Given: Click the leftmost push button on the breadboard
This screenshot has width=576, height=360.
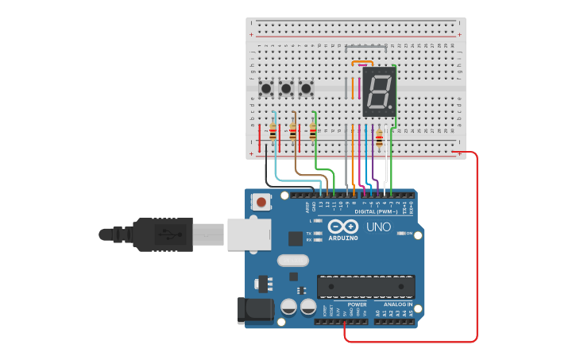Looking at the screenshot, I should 266,88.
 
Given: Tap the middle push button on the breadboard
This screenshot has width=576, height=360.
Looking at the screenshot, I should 286,88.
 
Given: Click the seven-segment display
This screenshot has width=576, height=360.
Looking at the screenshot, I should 379,89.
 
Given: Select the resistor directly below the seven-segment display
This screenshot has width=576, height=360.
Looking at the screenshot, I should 379,140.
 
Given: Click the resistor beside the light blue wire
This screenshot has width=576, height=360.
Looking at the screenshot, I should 273,133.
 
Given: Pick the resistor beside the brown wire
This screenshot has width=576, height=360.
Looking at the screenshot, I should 293,133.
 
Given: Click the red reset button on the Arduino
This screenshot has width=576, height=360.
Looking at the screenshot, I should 261,203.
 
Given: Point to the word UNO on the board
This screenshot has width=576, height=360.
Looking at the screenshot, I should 378,227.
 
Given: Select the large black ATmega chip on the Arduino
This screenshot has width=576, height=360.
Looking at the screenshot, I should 365,286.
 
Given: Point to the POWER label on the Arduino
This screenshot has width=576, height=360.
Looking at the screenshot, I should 357,304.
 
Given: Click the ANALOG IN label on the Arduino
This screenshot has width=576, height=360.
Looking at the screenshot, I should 398,304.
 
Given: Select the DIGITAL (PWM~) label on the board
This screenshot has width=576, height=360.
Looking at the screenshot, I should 376,211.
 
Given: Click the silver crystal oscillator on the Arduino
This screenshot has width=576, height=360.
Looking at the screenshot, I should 292,260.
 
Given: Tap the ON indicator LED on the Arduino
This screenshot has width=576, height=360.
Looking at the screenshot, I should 400,234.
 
